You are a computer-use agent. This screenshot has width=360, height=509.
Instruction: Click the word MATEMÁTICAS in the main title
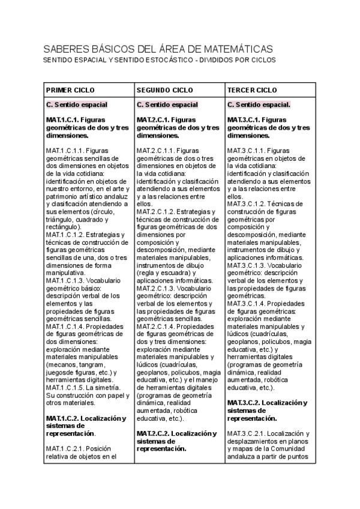coord(236,49)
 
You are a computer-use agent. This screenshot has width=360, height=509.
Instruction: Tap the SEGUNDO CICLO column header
coord(164,90)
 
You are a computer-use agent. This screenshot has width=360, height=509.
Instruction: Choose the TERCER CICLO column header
coord(252,90)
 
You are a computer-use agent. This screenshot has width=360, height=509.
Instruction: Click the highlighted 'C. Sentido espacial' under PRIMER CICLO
coord(77,104)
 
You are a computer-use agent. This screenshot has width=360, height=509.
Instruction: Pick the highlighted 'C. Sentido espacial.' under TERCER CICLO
coord(259,104)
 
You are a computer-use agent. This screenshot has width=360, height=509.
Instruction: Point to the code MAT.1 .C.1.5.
coord(65,387)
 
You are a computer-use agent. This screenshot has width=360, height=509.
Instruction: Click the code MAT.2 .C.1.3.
coord(155,288)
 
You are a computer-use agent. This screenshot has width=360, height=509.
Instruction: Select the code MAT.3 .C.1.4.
coord(247,303)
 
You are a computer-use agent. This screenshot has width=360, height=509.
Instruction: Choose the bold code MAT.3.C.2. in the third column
coord(247,402)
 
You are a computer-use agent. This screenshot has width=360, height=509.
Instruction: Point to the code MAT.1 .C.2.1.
coord(65,448)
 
